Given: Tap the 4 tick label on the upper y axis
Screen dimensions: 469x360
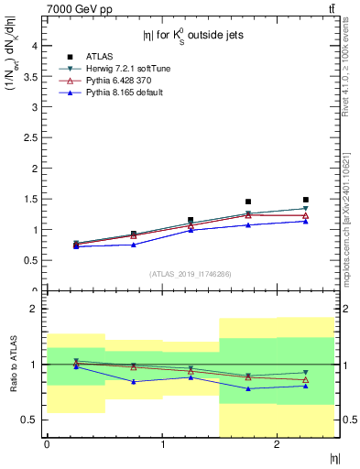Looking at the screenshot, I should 35,45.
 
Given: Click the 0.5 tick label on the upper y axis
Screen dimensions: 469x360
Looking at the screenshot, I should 31,260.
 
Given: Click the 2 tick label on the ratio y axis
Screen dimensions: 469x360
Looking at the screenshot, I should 35,309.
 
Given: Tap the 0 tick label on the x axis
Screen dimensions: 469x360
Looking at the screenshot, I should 46,444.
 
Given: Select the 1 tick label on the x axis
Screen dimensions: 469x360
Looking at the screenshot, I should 162,444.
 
